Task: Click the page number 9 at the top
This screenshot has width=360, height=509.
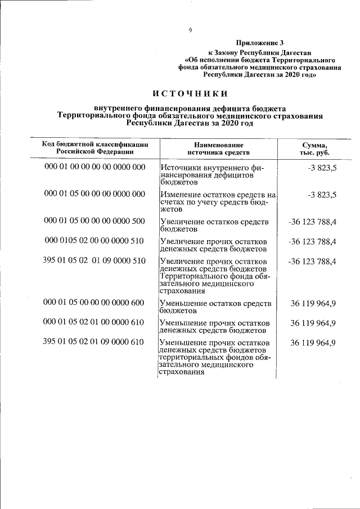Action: [x=191, y=30]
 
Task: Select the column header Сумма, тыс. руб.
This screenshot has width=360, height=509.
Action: [x=315, y=149]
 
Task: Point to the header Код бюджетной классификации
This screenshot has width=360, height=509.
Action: [x=95, y=145]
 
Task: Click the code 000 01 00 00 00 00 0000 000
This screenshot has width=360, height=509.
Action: [x=94, y=167]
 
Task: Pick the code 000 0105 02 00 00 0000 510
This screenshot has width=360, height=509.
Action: [x=94, y=241]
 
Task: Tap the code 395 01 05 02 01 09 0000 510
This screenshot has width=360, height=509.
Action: [x=94, y=260]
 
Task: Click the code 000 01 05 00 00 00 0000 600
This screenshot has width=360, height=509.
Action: [x=94, y=303]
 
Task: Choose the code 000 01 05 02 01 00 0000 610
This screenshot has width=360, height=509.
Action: [x=94, y=323]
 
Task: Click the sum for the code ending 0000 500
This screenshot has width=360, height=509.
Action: [x=312, y=222]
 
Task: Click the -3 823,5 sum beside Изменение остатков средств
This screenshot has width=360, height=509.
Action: [x=322, y=195]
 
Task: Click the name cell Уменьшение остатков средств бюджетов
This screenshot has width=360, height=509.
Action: [x=215, y=307]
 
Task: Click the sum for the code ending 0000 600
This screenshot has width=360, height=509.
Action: [x=313, y=303]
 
